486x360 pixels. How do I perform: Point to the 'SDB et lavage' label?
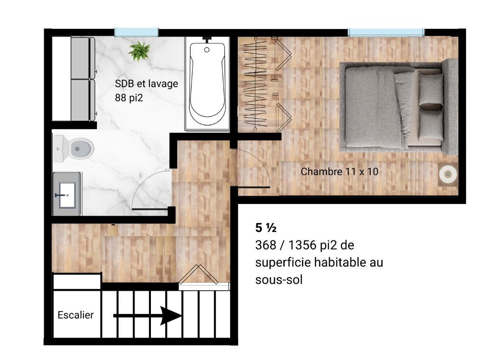[x=146, y=84]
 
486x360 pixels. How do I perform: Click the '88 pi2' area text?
[x=129, y=98]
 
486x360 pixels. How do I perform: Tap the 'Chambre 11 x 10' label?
[x=339, y=171]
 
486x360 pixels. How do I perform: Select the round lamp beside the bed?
[x=447, y=175]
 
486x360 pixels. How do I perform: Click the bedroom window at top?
[x=385, y=32]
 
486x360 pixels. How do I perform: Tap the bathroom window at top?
[x=136, y=32]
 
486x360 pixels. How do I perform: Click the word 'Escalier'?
[x=75, y=315]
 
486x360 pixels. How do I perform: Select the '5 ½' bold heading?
[x=266, y=228]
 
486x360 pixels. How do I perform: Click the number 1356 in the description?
[x=307, y=246]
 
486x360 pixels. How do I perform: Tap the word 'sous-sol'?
[x=279, y=279]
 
